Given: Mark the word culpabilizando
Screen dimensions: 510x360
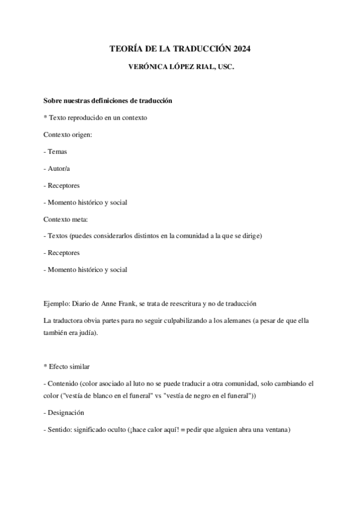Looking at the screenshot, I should click(x=195, y=320).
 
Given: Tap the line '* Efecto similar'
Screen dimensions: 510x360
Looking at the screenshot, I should click(x=68, y=366).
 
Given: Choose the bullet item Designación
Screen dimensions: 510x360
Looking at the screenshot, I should click(x=66, y=413).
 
